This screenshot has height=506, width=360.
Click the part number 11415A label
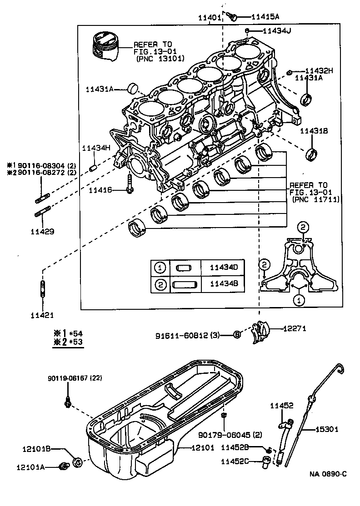265,16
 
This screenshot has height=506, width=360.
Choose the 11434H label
96,148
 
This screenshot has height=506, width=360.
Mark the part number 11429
42,231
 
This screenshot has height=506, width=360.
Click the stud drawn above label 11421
43,289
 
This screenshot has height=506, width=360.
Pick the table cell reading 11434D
223,268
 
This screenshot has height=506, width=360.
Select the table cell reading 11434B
223,284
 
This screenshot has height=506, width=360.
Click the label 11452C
235,461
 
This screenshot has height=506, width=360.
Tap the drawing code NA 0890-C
328,474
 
